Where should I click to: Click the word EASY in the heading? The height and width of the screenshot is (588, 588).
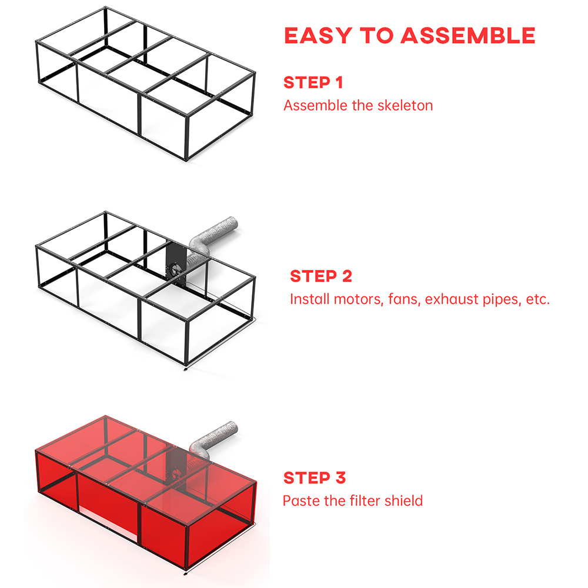[x=318, y=36]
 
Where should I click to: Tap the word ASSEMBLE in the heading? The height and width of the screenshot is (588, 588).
[x=468, y=36]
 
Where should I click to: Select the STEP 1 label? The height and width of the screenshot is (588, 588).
[x=313, y=82]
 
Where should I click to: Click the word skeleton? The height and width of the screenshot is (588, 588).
[x=405, y=105]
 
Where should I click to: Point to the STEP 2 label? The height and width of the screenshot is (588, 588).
[x=321, y=276]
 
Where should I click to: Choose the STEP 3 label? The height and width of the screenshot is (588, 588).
[x=314, y=477]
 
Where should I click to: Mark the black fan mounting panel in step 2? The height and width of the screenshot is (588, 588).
[x=176, y=265]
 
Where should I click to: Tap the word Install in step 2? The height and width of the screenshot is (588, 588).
[x=310, y=299]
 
